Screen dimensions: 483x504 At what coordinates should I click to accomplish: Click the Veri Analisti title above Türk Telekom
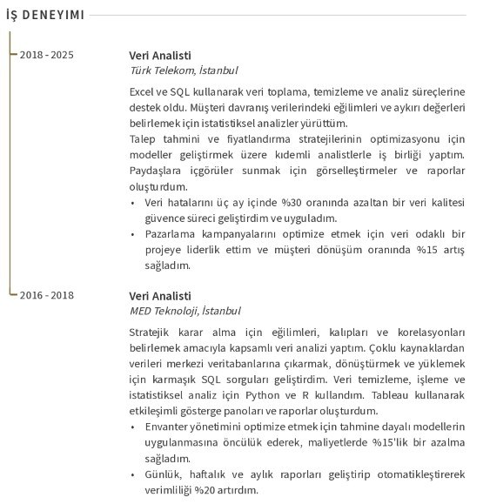[x=159, y=55]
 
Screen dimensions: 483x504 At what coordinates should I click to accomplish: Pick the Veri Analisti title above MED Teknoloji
[x=159, y=295]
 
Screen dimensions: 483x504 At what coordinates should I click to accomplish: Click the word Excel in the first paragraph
[x=144, y=91]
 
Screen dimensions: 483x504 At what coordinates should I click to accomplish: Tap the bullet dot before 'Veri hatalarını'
[x=132, y=203]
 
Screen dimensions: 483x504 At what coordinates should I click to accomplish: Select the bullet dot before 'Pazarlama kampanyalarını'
[x=132, y=234]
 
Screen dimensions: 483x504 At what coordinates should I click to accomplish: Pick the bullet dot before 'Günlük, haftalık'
[x=132, y=474]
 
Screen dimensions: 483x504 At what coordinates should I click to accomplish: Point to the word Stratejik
[x=151, y=333]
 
